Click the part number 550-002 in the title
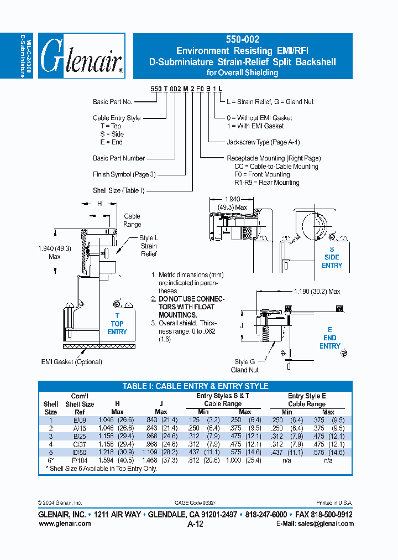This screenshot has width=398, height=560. (x=242, y=40)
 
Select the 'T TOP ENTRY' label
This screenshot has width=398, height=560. (x=117, y=324)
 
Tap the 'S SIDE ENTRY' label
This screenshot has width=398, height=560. (x=332, y=257)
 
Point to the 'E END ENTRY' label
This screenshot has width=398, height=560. (x=330, y=338)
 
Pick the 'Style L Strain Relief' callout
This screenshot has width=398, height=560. (x=148, y=246)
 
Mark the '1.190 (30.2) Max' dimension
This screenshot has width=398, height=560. (x=317, y=291)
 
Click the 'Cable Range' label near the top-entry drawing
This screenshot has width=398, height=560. (x=132, y=220)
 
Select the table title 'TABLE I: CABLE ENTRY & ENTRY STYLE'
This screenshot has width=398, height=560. (x=195, y=386)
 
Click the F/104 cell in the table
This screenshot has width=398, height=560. (x=80, y=460)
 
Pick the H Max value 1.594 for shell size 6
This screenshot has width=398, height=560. (x=107, y=460)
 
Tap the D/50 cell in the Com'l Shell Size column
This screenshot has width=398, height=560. (x=80, y=452)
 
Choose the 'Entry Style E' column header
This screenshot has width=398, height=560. (x=307, y=396)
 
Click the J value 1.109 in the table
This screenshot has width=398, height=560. (x=150, y=452)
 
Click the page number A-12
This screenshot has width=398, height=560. (x=196, y=523)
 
